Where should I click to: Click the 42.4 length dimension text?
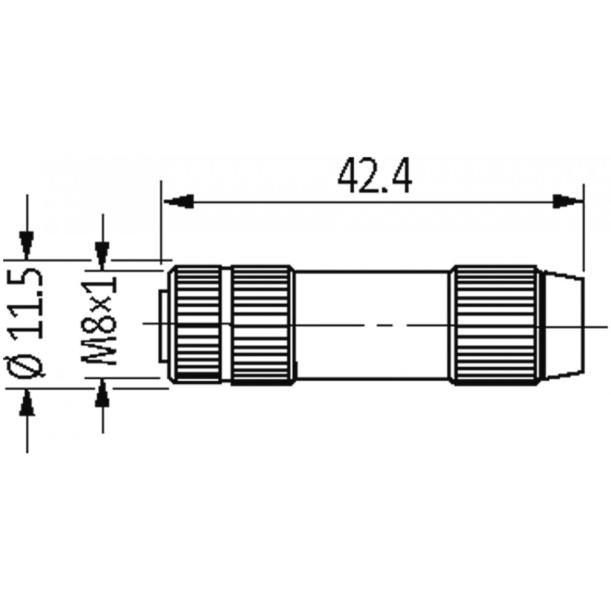click(x=375, y=175)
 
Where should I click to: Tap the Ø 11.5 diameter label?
click(x=26, y=323)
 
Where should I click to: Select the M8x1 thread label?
click(x=100, y=321)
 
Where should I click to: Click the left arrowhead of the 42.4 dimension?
click(x=178, y=202)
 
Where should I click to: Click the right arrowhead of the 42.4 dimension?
click(x=568, y=202)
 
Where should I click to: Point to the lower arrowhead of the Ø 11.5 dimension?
click(x=27, y=403)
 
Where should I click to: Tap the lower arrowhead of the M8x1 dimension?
click(x=103, y=393)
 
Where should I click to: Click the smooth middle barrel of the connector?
click(x=372, y=324)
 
